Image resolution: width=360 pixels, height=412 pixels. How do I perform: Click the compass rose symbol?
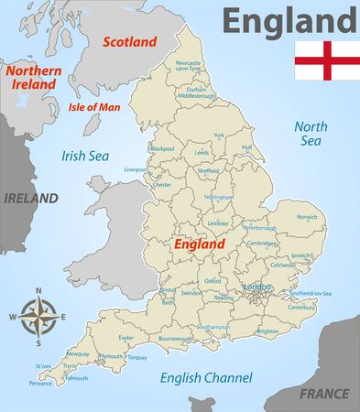[38, 317]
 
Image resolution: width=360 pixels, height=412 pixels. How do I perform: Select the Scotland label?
[129, 41]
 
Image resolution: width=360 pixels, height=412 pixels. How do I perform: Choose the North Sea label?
[310, 134]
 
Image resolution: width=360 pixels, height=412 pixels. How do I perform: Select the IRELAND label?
[30, 198]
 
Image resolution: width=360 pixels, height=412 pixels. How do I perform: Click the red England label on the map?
[199, 245]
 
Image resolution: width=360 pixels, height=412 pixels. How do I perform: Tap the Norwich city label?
[307, 217]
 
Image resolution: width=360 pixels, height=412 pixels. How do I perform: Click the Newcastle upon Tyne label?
[188, 65]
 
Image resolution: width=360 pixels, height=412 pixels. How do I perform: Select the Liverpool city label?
[136, 169]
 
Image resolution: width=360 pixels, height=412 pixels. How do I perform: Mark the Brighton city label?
[268, 331]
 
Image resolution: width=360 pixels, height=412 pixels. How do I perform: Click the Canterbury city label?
[301, 307]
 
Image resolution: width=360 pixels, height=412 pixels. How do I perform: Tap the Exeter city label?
[126, 337]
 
